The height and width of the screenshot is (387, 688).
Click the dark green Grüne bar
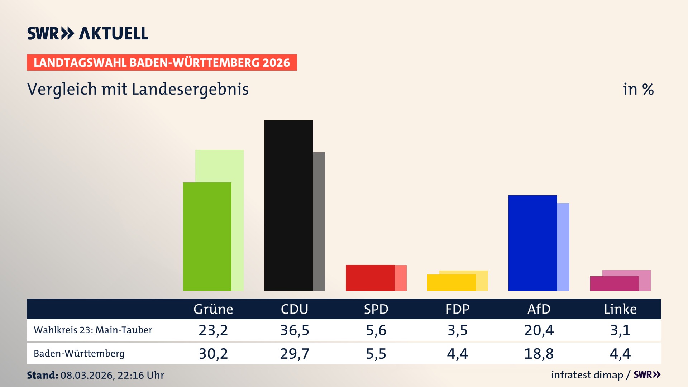[x=207, y=236]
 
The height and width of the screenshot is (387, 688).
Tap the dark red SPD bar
[x=370, y=278]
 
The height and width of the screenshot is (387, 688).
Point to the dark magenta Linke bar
[x=614, y=283]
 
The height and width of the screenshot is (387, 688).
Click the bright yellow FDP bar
[x=451, y=283]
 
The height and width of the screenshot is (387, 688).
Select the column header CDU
[x=295, y=309]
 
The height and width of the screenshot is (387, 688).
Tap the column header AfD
[x=539, y=309]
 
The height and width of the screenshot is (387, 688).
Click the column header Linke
[x=620, y=309]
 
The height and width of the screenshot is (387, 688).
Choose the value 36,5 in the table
[x=295, y=330]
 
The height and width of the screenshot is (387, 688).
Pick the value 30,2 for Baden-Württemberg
[x=213, y=354]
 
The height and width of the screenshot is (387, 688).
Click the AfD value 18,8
[x=539, y=354]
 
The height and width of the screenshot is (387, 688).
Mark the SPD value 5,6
[x=376, y=330]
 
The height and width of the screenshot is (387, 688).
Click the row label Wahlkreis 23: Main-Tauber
[x=93, y=330]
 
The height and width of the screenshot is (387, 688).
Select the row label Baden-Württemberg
[x=79, y=354]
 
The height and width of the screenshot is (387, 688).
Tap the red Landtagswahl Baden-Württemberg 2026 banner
[x=162, y=63]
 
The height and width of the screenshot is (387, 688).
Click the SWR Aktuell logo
[x=88, y=33]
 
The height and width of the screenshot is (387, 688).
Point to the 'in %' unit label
[x=638, y=89]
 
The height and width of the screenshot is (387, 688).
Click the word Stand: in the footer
[x=42, y=375]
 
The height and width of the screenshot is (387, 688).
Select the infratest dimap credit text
[x=587, y=375]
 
